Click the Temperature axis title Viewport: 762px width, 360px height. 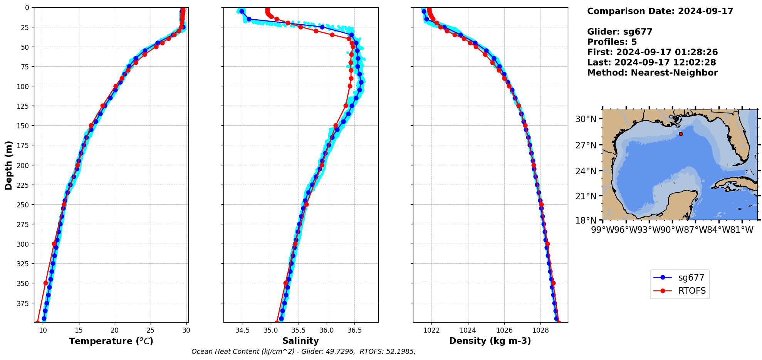point(111,341)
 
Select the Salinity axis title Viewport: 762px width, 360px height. point(300,341)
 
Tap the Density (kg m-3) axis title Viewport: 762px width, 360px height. point(490,341)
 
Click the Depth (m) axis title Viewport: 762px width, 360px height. point(8,165)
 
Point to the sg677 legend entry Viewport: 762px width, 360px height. point(691,278)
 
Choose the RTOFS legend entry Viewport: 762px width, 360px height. point(692,291)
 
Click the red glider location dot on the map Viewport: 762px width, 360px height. point(681,134)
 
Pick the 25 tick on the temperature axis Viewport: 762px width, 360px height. point(151,330)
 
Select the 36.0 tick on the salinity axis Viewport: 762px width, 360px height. point(326,330)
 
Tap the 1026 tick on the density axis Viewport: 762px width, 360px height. point(504,330)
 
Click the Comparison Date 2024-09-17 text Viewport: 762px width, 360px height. point(660,11)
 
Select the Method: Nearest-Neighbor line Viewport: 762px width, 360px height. point(652,73)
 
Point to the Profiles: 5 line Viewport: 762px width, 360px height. point(612,42)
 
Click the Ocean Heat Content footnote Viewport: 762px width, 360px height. point(303,352)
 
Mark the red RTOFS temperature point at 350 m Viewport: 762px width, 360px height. point(45,283)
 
